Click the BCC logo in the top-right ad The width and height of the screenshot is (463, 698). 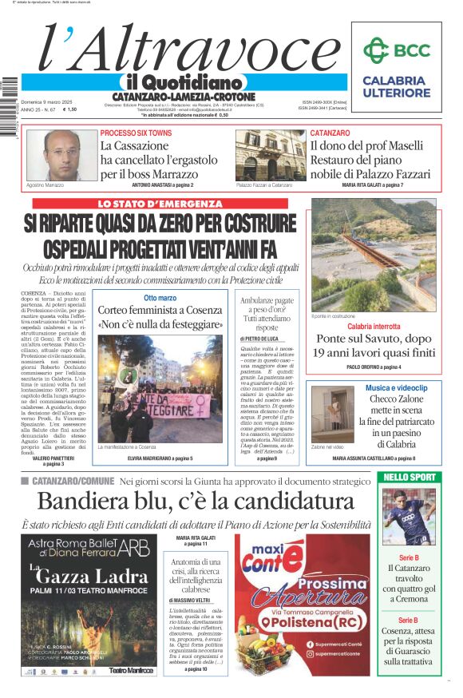coord(396,50)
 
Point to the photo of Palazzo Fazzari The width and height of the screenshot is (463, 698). coord(281,155)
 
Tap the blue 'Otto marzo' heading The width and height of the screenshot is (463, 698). coord(160,298)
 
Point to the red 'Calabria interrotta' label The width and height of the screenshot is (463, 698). coord(374,326)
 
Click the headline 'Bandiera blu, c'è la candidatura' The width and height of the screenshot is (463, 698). coord(196,502)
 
